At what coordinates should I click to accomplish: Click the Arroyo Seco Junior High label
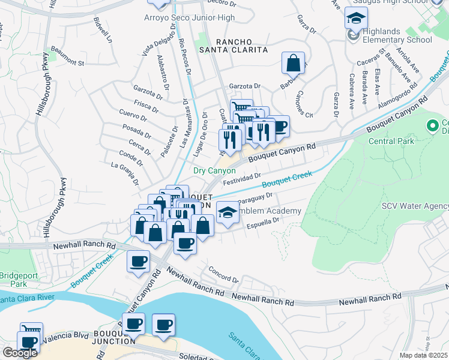click(x=190, y=18)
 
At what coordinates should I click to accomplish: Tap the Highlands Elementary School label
click(x=392, y=40)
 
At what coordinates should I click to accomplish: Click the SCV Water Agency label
click(x=415, y=206)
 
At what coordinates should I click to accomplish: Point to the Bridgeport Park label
click(x=13, y=279)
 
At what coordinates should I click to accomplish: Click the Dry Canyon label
click(x=214, y=170)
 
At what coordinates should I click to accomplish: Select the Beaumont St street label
click(x=67, y=61)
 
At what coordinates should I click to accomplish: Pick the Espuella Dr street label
click(x=264, y=223)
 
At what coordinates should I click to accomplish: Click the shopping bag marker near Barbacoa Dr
click(x=292, y=62)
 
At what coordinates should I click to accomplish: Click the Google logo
click(x=19, y=353)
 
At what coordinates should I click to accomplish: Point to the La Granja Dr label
click(x=125, y=173)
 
